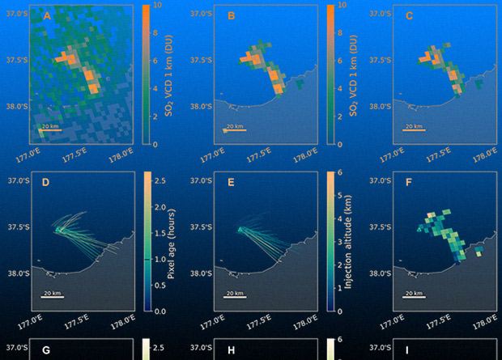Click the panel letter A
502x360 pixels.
pos(47,16)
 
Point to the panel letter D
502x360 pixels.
pos(47,184)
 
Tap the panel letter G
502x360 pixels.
pos(46,350)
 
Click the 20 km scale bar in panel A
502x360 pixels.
pos(50,129)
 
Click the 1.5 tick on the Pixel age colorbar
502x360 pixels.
pos(160,231)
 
